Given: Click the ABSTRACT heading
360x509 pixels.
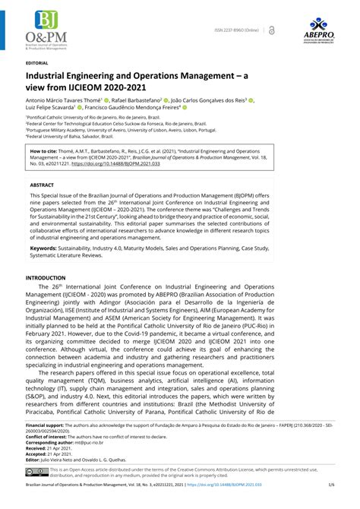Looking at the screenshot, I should click(x=43, y=184).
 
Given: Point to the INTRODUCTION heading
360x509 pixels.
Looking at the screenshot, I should click(x=47, y=279).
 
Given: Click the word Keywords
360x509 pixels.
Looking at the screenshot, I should click(x=46, y=248).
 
